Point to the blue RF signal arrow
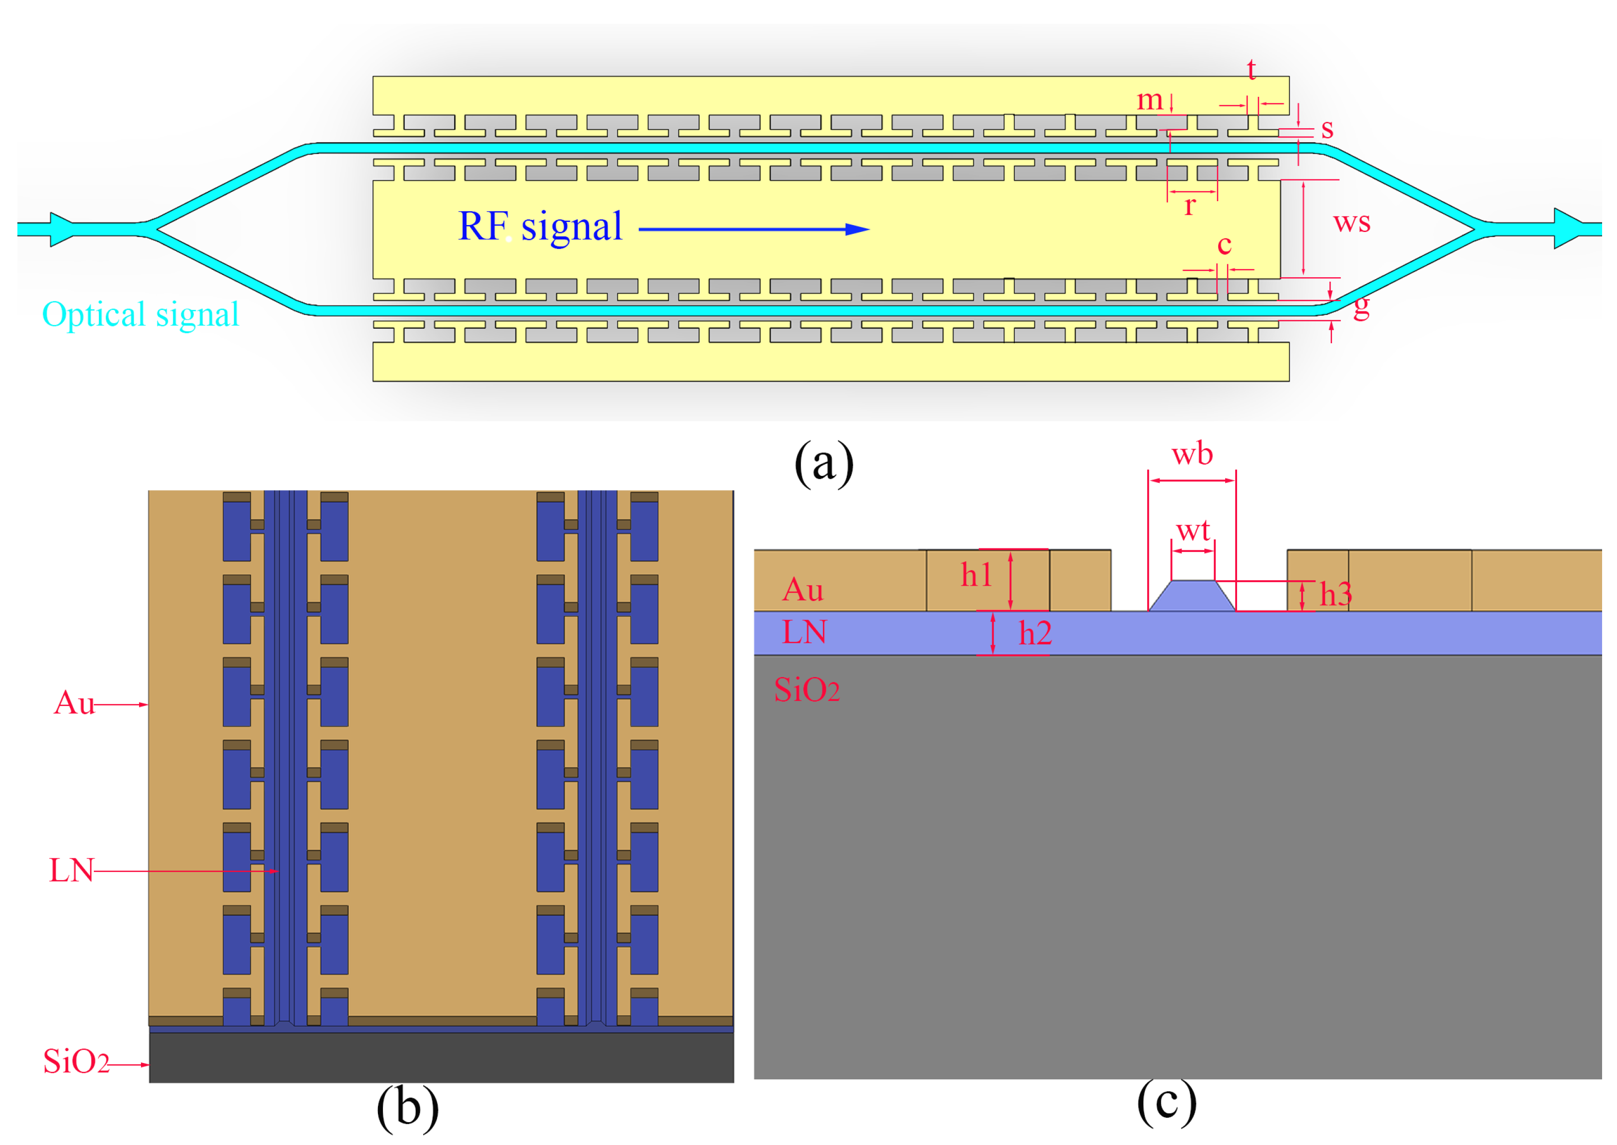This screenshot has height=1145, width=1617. click(754, 229)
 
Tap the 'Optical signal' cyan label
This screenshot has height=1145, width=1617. click(140, 314)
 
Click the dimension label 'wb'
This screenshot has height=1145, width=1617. click(1192, 454)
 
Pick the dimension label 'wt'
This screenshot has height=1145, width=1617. click(1193, 530)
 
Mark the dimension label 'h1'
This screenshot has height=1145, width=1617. click(976, 575)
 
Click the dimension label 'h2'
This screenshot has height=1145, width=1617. click(1035, 633)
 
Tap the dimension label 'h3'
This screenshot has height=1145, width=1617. click(1335, 594)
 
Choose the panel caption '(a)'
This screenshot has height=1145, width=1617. click(823, 463)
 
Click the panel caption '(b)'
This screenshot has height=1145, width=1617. click(407, 1107)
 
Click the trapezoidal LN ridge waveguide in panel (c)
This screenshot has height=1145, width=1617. click(1192, 597)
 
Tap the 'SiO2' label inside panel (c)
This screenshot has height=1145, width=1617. click(807, 689)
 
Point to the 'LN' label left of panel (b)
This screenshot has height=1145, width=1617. click(71, 871)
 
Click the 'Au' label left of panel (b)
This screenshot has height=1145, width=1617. click(73, 703)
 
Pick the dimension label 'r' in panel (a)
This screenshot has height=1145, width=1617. click(1190, 206)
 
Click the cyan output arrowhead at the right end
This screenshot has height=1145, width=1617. click(1568, 229)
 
